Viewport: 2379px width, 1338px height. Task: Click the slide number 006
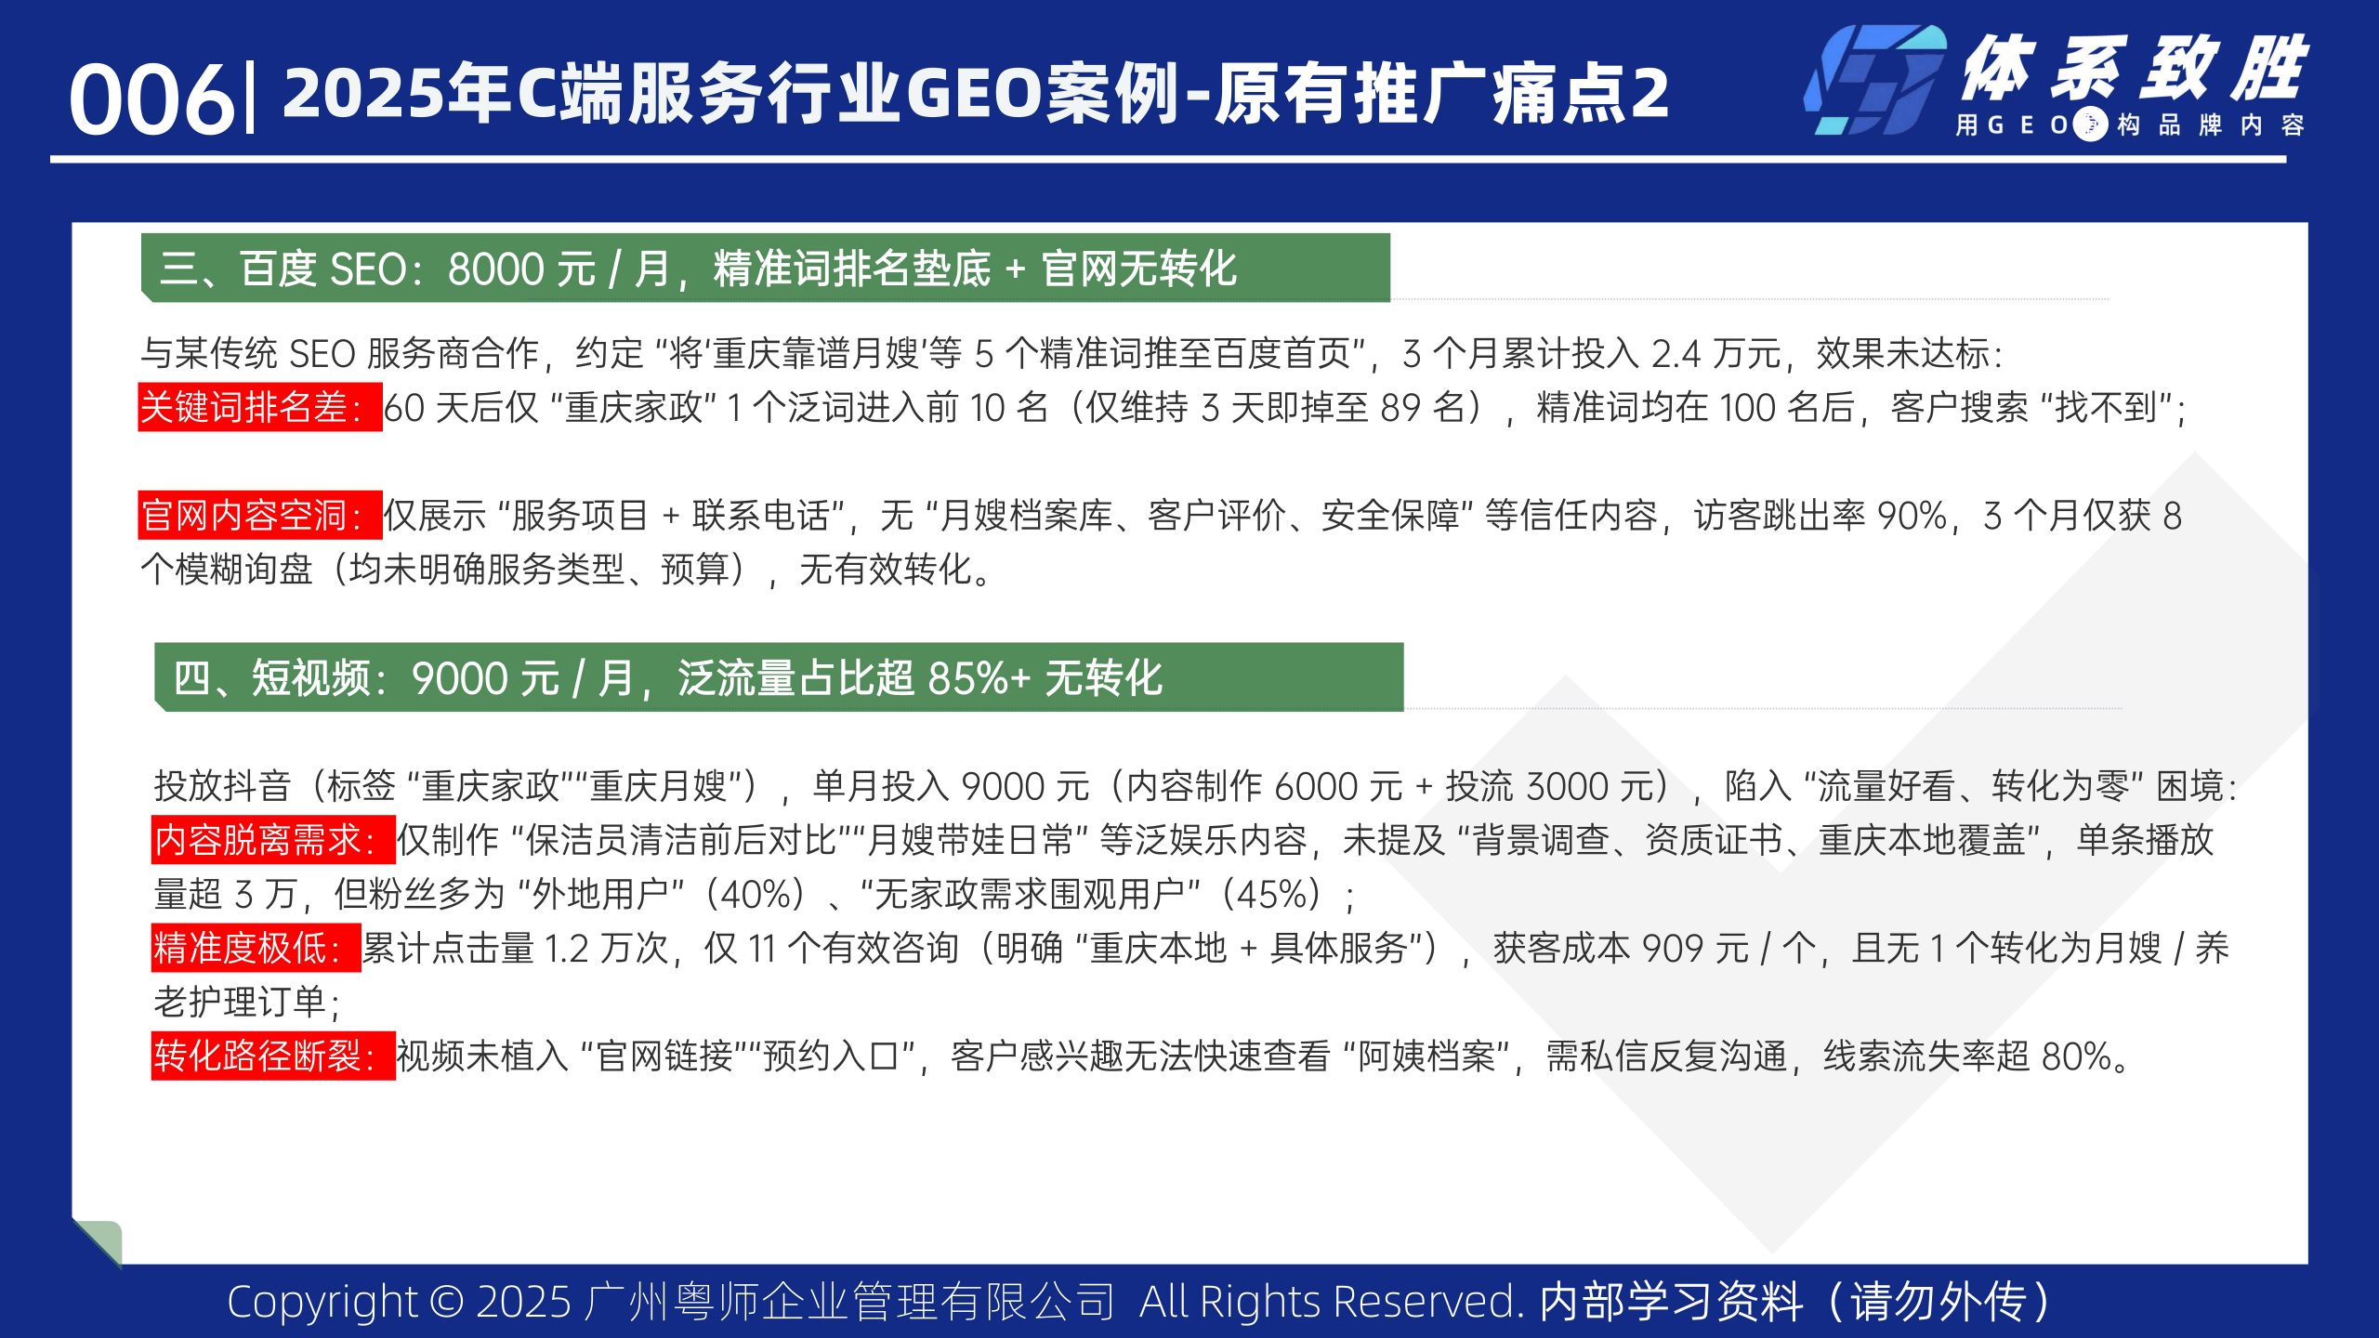click(x=151, y=98)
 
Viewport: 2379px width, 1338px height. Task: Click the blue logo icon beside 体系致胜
click(x=1874, y=82)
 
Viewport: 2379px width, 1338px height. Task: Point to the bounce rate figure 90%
click(x=1911, y=515)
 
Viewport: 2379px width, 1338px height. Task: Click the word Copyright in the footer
click(x=322, y=1301)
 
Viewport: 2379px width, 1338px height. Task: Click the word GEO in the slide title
click(x=975, y=93)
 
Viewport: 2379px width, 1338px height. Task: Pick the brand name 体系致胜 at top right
click(x=2134, y=69)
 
